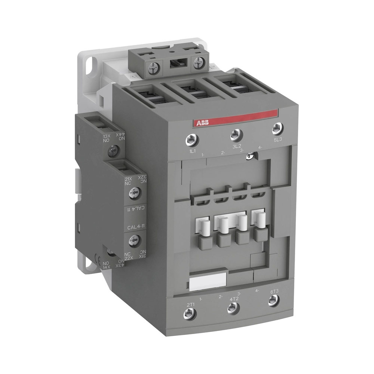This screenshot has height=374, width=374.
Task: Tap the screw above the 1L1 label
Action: tap(191, 140)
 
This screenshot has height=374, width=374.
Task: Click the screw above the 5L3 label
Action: tap(277, 128)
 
